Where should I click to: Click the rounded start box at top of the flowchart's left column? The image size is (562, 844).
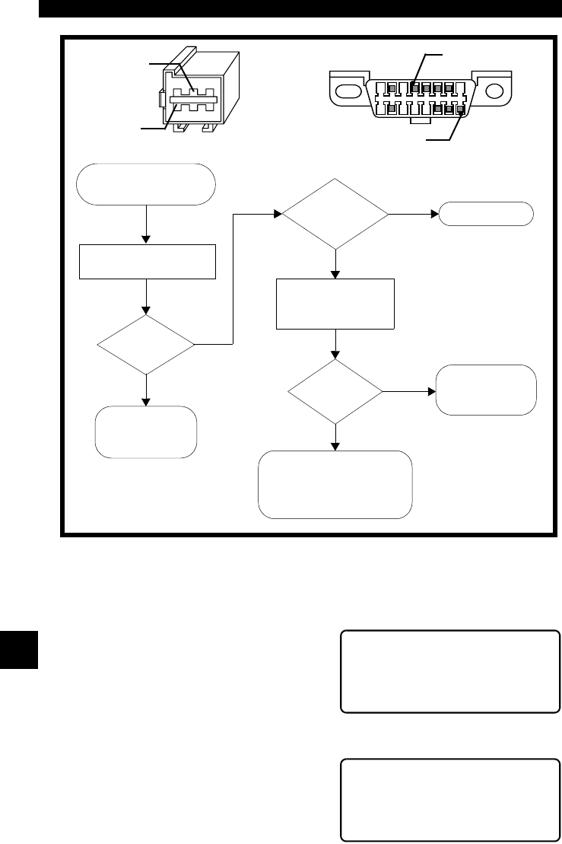(x=146, y=183)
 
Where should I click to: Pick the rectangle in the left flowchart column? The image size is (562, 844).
(x=146, y=261)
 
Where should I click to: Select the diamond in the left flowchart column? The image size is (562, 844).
(x=146, y=344)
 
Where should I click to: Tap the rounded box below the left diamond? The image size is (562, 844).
(x=146, y=432)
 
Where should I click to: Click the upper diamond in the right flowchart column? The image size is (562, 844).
(x=335, y=214)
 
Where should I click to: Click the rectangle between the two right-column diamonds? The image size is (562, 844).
(x=335, y=304)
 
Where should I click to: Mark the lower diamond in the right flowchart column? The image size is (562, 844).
(x=335, y=392)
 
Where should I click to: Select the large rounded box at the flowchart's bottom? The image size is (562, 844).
(x=335, y=484)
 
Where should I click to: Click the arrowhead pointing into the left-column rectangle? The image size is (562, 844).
(x=146, y=240)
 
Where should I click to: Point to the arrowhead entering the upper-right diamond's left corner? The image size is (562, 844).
(x=278, y=214)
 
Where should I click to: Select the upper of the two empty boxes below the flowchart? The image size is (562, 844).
(x=449, y=670)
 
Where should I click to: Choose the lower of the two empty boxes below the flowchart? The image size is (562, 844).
(x=449, y=799)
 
